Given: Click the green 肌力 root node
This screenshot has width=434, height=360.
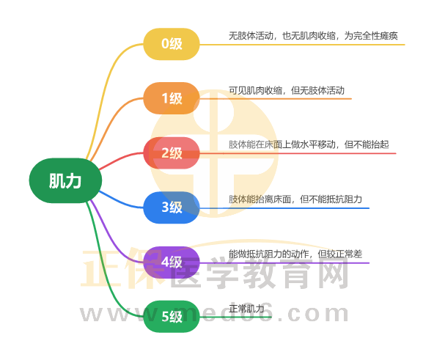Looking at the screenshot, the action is pos(65,180).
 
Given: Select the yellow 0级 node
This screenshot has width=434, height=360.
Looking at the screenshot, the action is pos(172,44).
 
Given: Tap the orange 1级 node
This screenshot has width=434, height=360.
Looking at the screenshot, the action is pos(172,98).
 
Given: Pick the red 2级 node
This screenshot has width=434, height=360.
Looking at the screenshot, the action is pos(172,153).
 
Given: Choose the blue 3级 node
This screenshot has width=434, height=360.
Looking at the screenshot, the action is pos(172,207).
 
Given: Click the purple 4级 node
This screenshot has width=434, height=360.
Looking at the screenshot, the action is pos(172,262).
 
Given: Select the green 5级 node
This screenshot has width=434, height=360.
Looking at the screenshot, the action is pos(172,317).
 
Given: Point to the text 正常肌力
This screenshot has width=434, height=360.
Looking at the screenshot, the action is pos(246,309).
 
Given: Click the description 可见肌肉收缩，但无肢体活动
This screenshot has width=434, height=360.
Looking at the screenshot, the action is pos(287,91).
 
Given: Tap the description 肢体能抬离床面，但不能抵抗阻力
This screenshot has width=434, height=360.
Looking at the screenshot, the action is pos(295,199).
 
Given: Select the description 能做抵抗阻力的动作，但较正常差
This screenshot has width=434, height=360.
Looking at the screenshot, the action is pos(295,254).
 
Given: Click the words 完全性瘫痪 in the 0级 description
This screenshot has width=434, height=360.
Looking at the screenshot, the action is pos(375,36).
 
